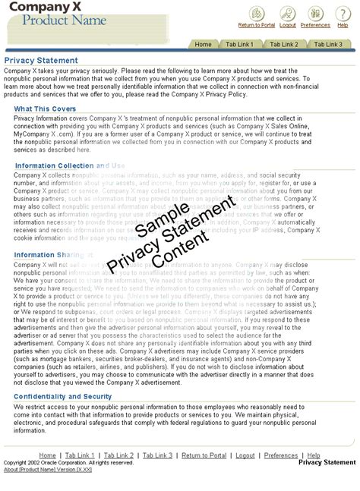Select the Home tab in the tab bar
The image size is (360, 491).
click(x=203, y=45)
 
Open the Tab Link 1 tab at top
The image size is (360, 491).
click(x=240, y=45)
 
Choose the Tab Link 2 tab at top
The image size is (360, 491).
click(x=284, y=45)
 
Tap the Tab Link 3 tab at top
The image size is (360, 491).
click(x=328, y=45)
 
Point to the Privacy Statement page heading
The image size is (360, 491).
click(x=41, y=60)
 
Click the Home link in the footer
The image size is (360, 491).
click(x=47, y=455)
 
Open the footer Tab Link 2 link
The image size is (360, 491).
click(x=119, y=455)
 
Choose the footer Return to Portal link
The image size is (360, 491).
click(x=204, y=455)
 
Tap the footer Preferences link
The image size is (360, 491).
click(x=281, y=455)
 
